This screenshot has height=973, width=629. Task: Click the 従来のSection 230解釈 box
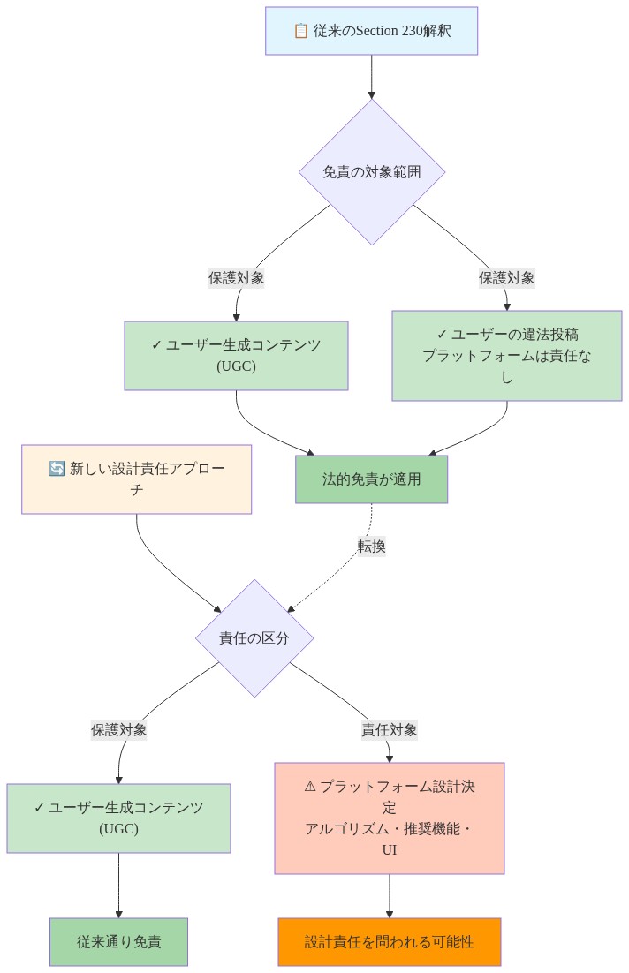pyautogui.click(x=371, y=31)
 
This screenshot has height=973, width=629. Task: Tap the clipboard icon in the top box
pyautogui.click(x=300, y=31)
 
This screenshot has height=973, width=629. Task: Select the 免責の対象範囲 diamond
pyautogui.click(x=371, y=172)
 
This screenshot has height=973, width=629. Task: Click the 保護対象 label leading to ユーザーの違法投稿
pyautogui.click(x=506, y=277)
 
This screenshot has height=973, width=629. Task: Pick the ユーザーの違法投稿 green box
pyautogui.click(x=506, y=356)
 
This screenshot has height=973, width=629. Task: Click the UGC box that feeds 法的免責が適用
pyautogui.click(x=236, y=356)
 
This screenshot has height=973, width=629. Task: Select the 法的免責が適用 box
pyautogui.click(x=371, y=479)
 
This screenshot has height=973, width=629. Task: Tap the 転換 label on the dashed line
pyautogui.click(x=371, y=546)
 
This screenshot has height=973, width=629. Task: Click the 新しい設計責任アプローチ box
pyautogui.click(x=137, y=479)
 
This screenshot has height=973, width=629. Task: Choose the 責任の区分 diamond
pyautogui.click(x=254, y=638)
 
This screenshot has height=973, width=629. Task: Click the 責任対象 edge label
pyautogui.click(x=389, y=729)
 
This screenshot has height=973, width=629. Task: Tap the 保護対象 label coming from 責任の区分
pyautogui.click(x=118, y=729)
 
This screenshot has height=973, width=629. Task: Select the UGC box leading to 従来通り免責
pyautogui.click(x=118, y=818)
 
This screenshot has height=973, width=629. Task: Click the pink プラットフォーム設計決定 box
pyautogui.click(x=389, y=818)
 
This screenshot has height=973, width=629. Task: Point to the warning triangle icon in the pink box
pyautogui.click(x=310, y=786)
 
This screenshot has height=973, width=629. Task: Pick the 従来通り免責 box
pyautogui.click(x=118, y=942)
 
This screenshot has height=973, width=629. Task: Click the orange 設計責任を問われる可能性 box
pyautogui.click(x=389, y=942)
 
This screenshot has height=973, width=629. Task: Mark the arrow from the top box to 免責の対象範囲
pyautogui.click(x=371, y=78)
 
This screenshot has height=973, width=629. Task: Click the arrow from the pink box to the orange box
pyautogui.click(x=389, y=896)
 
